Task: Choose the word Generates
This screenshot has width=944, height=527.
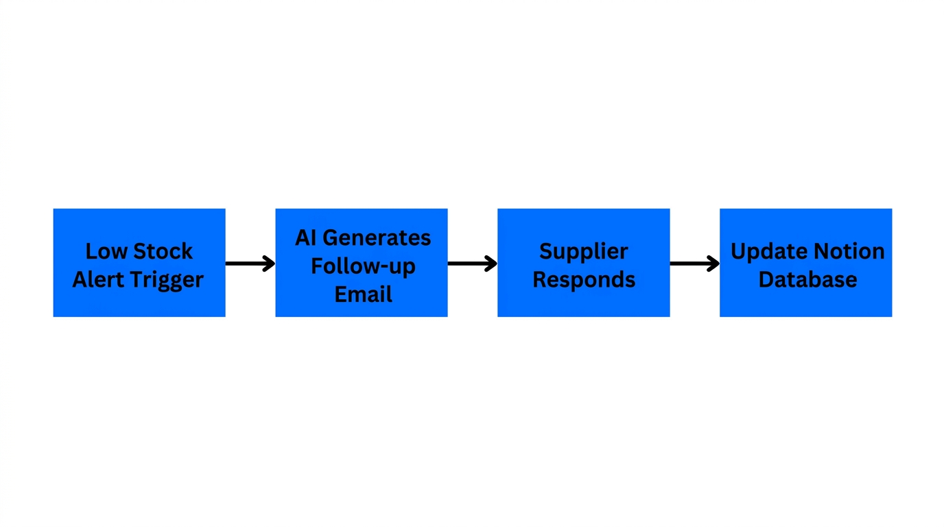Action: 377,238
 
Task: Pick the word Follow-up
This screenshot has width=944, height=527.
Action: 363,266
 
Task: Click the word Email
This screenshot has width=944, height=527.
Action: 363,294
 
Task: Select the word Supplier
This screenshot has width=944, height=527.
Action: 583,252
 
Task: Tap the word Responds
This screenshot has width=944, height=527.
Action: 583,280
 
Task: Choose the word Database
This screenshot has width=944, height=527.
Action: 807,280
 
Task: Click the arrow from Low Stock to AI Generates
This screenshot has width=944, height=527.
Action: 250,263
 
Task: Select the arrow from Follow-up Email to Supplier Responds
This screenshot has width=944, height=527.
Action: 472,263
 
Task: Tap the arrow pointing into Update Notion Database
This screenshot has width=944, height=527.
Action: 694,263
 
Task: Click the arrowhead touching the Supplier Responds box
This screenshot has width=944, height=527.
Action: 491,263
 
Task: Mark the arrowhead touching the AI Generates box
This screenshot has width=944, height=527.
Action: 269,263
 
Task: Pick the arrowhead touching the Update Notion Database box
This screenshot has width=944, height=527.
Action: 713,263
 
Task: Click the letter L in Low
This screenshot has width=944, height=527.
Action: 91,252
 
